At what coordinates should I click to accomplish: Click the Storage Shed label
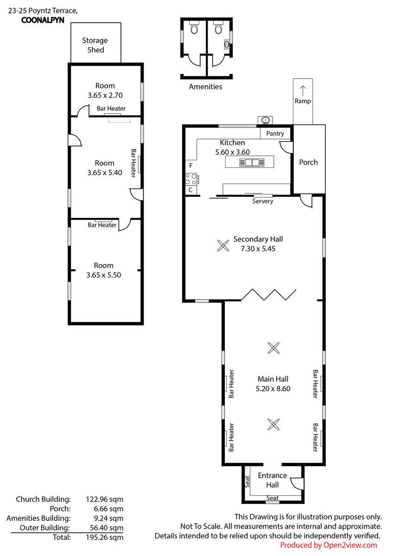(95, 45)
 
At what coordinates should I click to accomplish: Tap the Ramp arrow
(303, 91)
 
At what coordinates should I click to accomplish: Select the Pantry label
(275, 133)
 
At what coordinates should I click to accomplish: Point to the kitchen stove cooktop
(191, 179)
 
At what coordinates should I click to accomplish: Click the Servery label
(263, 201)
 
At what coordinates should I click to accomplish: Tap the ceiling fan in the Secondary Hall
(223, 246)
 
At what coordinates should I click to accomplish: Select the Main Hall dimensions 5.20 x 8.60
(273, 388)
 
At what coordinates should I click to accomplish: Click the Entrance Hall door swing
(297, 483)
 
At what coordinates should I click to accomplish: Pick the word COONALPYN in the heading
(43, 20)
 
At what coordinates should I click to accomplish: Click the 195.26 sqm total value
(105, 537)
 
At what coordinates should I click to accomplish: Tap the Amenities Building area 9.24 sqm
(108, 518)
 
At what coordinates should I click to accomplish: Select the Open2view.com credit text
(329, 545)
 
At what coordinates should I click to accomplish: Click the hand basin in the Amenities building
(227, 44)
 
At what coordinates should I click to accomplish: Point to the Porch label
(308, 162)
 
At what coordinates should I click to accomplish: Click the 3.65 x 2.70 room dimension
(105, 95)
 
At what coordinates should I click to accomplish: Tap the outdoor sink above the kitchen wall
(265, 120)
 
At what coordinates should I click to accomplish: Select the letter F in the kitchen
(191, 165)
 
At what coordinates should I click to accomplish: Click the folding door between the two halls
(269, 295)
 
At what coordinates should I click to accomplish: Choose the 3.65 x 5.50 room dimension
(103, 275)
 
